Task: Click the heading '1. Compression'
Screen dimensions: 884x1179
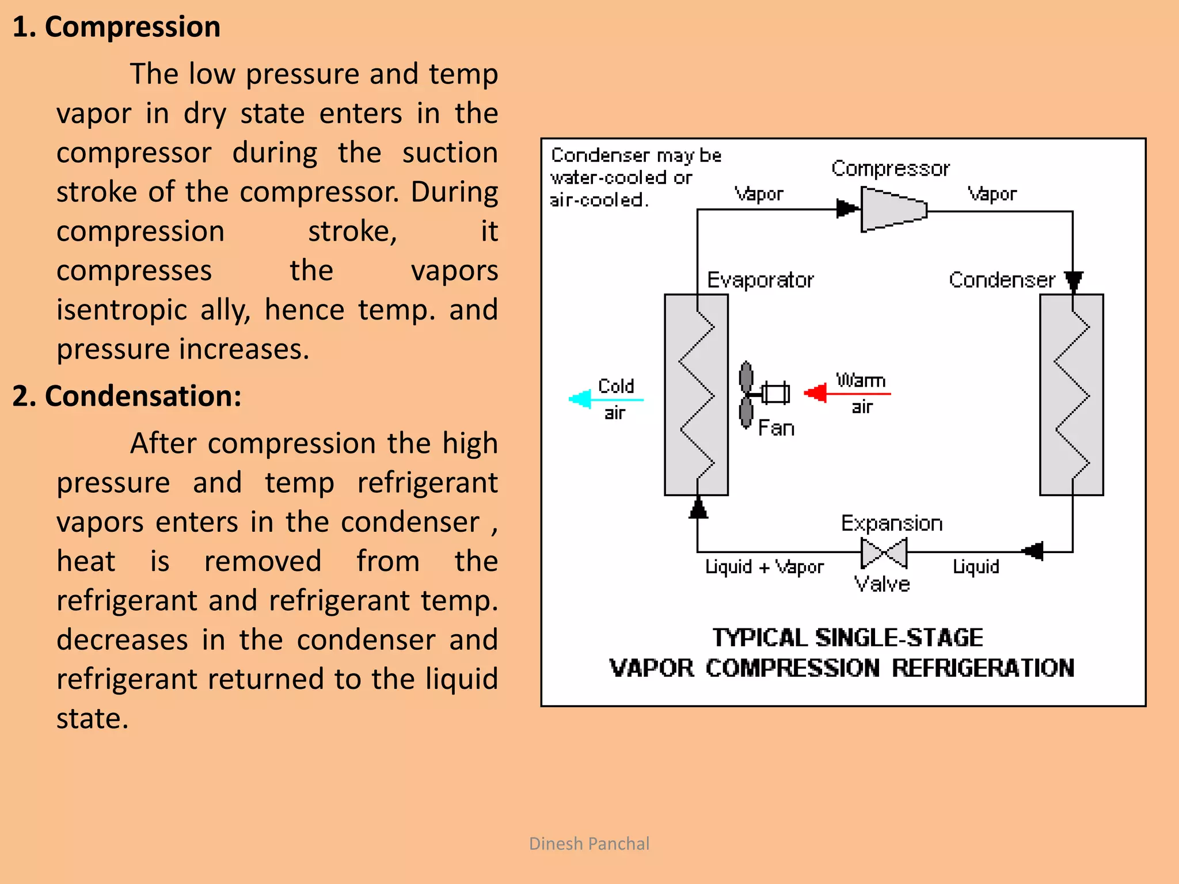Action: [x=116, y=27]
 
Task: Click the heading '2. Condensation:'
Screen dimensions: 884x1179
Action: [x=127, y=396]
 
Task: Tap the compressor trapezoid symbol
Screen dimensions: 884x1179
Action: [x=893, y=209]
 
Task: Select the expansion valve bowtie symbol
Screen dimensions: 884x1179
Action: [x=884, y=552]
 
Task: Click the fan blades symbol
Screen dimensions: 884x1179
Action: [x=746, y=395]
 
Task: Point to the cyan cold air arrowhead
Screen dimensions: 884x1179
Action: [x=580, y=399]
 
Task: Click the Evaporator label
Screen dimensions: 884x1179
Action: [x=760, y=280]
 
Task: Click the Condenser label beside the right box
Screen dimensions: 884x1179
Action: [x=1002, y=280]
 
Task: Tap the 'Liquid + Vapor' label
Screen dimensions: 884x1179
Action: [x=764, y=567]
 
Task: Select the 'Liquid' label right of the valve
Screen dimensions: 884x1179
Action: [x=976, y=567]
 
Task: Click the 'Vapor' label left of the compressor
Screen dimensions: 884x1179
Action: [x=758, y=194]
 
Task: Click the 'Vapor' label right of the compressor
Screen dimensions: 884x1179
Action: [x=991, y=194]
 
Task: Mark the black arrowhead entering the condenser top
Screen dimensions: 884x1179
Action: [x=1073, y=281]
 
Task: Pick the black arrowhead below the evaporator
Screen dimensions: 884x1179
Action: [x=698, y=508]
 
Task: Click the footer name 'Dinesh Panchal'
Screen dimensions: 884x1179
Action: [x=589, y=844]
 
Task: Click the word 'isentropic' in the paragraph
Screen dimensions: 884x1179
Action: [x=121, y=310]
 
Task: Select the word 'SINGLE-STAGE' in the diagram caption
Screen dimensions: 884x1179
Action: [x=899, y=638]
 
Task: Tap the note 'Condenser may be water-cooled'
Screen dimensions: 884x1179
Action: [x=636, y=166]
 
